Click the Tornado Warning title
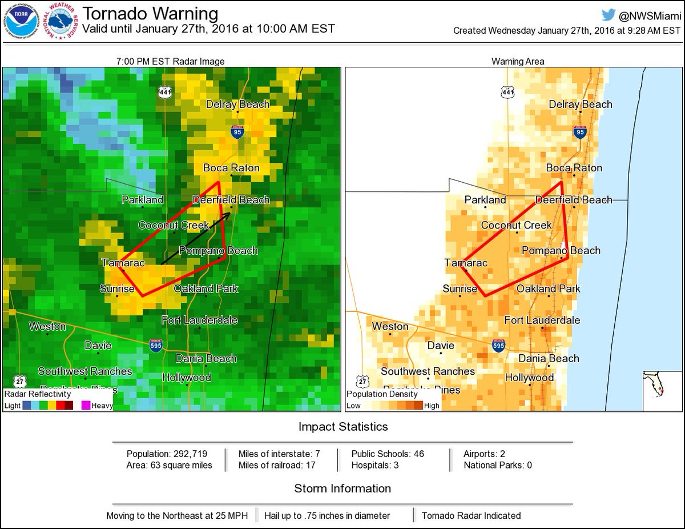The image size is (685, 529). click(151, 14)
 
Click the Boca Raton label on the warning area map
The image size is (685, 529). click(574, 168)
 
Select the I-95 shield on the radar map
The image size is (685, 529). click(237, 132)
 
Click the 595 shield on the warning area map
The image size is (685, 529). click(498, 345)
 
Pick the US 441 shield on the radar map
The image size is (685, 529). click(165, 92)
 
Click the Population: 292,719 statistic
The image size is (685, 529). click(169, 454)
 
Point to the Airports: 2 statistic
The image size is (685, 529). click(485, 454)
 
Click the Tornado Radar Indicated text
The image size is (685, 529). click(471, 515)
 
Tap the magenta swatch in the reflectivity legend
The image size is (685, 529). click(85, 405)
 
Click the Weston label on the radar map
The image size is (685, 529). click(47, 327)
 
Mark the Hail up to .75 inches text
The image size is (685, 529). click(327, 515)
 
